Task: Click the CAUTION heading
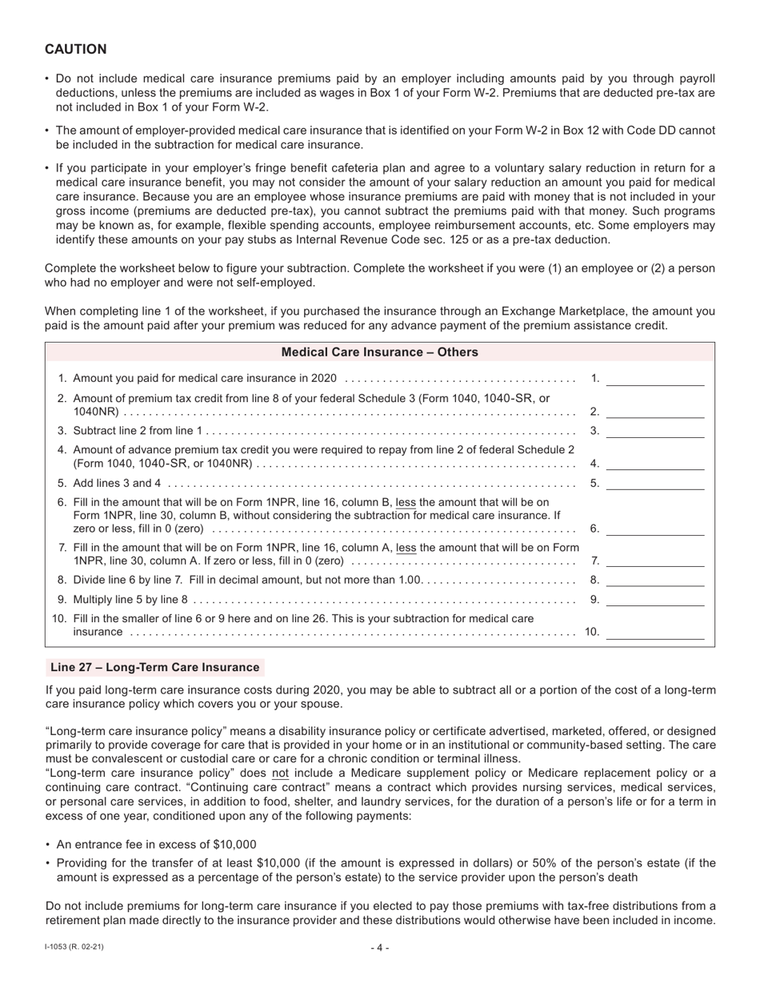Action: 76,50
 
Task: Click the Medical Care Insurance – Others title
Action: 379,352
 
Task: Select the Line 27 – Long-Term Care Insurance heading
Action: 154,667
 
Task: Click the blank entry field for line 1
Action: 654,379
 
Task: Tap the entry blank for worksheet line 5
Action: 654,483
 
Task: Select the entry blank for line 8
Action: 654,580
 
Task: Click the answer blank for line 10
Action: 654,632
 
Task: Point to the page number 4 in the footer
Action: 380,948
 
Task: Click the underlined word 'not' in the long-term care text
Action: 280,774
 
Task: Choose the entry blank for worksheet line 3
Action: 654,431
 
